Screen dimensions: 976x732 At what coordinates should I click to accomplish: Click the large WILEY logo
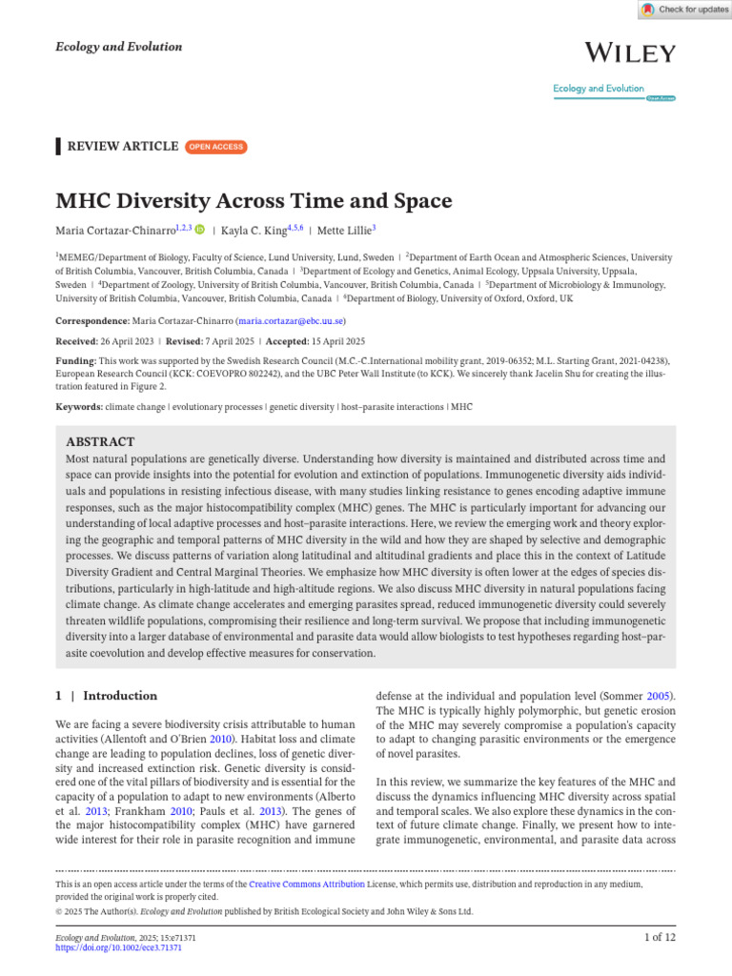(630, 52)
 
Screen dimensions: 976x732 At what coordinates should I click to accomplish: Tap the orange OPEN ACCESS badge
(215, 147)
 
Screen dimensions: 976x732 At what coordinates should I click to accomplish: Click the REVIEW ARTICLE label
(123, 147)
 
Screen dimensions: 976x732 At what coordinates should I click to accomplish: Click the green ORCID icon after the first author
(200, 230)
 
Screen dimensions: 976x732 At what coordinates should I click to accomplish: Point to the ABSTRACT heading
(99, 441)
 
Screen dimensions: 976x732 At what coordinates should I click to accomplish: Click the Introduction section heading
(120, 696)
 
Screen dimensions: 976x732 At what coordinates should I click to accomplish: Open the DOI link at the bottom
(118, 948)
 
